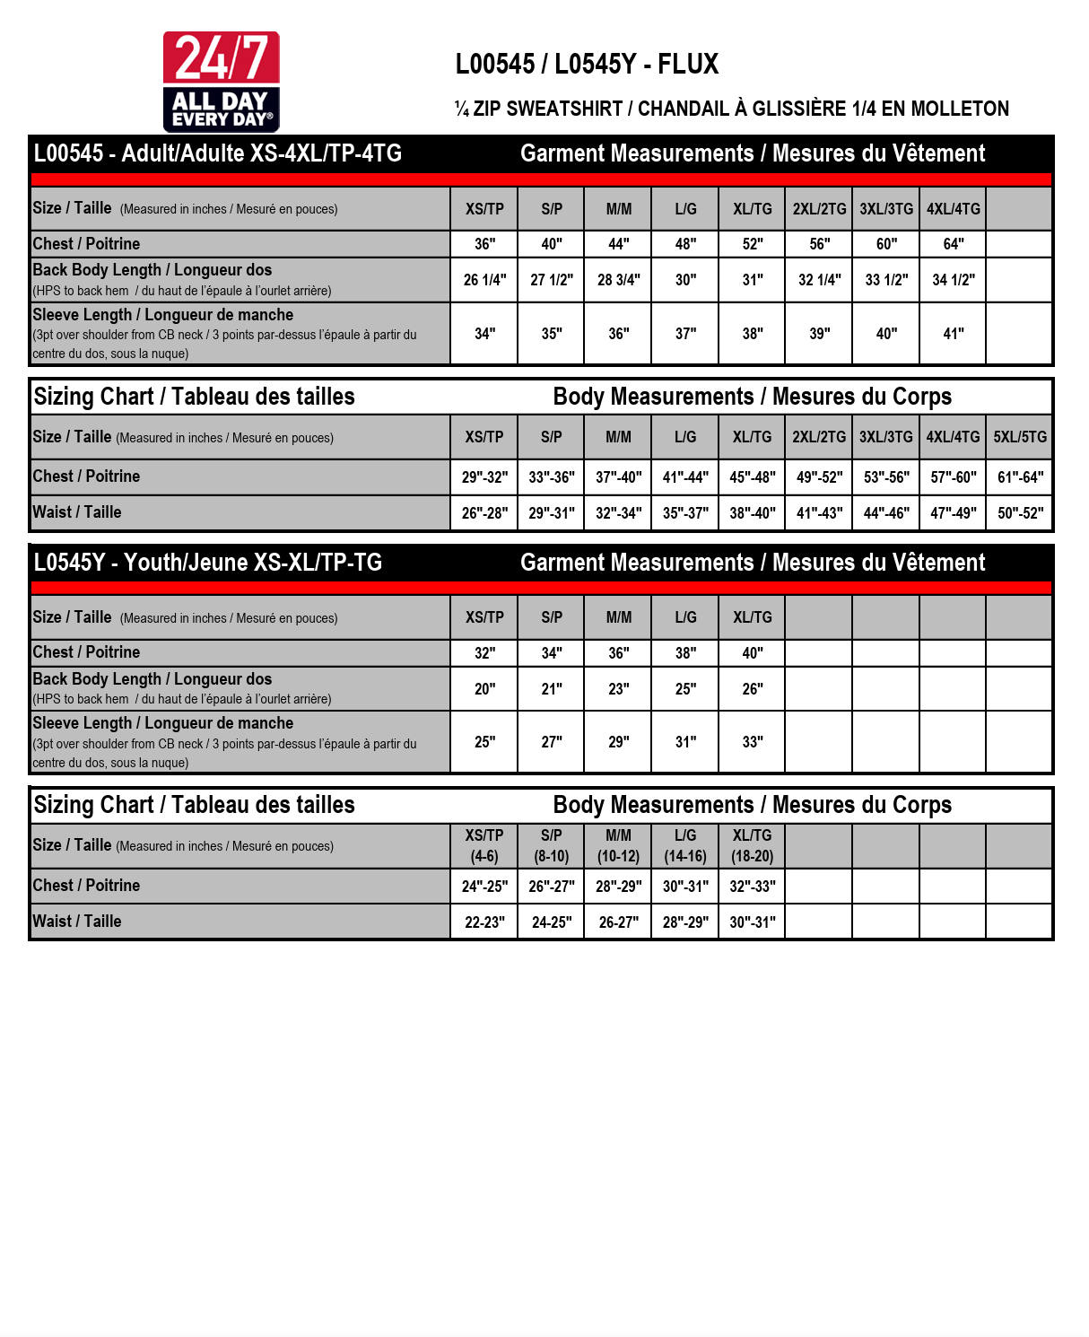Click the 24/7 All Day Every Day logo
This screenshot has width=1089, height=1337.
(x=221, y=82)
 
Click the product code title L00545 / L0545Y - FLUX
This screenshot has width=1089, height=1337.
(x=587, y=65)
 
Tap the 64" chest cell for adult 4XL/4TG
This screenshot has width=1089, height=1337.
(x=953, y=244)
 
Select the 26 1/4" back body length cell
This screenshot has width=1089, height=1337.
(x=484, y=280)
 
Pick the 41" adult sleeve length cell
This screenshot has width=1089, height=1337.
(x=953, y=334)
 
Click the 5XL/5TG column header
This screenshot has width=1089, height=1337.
(x=1019, y=437)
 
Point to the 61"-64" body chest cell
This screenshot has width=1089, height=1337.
(x=1020, y=477)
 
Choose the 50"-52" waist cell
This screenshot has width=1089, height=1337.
(x=1020, y=513)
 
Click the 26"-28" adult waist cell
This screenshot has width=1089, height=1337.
(x=484, y=513)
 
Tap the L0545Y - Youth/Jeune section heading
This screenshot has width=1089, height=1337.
(x=208, y=563)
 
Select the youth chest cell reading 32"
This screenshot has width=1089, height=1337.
(x=484, y=653)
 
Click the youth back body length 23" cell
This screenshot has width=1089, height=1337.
(x=618, y=689)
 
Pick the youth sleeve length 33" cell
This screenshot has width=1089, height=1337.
(x=752, y=742)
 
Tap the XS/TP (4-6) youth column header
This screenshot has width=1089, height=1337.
(x=484, y=845)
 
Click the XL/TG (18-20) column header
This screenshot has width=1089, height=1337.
(x=752, y=845)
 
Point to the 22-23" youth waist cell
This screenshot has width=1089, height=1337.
(x=484, y=922)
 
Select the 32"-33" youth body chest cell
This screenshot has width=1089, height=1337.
(x=752, y=887)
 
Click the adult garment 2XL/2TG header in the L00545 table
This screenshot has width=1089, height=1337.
(x=819, y=209)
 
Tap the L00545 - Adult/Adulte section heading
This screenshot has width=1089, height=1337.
(x=218, y=153)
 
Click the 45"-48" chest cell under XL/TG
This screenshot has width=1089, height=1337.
(x=752, y=477)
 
